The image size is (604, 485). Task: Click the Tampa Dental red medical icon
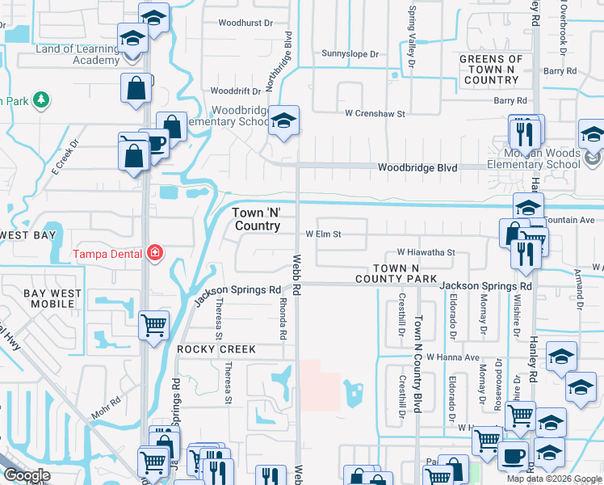[x=153, y=254]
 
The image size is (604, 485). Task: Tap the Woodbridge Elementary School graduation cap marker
[x=283, y=121]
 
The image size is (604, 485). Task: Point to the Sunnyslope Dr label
[x=350, y=54]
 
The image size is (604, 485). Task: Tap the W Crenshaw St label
[x=375, y=114]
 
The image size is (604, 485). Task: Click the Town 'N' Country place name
[x=258, y=218]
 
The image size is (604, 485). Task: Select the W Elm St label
[x=323, y=234]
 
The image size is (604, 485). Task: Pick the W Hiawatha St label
[x=426, y=252]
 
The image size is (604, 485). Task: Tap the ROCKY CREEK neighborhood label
[x=216, y=349]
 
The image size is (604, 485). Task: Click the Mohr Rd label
[x=105, y=400]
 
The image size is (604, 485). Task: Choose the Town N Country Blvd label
[x=418, y=353]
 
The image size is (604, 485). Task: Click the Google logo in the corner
[x=27, y=475]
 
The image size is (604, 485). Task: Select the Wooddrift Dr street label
[x=237, y=91]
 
